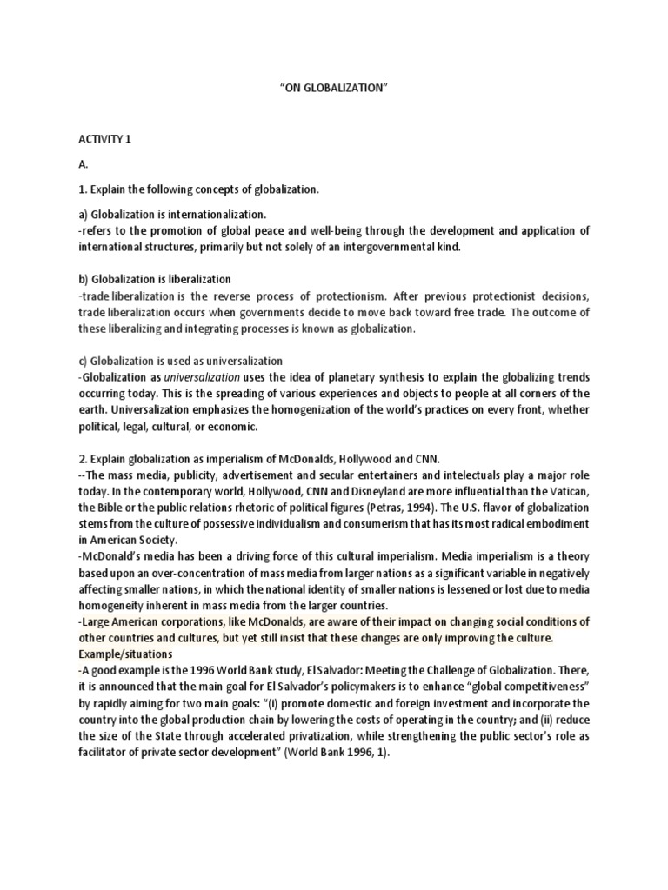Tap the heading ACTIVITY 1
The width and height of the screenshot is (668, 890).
[104, 139]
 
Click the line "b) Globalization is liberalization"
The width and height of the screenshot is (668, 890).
[154, 280]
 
